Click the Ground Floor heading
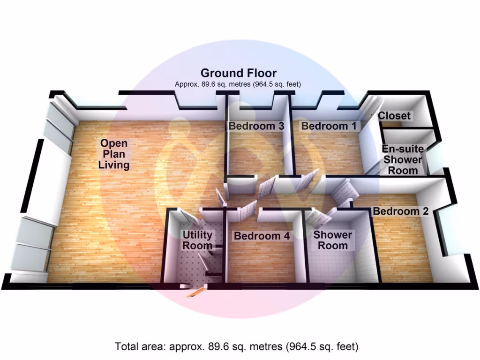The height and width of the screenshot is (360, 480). [239, 73]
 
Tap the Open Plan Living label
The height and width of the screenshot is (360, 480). [114, 154]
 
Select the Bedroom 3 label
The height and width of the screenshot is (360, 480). [256, 126]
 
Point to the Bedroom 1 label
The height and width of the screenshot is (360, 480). [329, 126]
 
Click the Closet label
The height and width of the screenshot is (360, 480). [394, 116]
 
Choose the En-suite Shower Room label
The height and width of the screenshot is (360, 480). [403, 159]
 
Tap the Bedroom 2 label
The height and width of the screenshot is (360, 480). [401, 211]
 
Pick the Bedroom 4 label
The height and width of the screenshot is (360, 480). [262, 236]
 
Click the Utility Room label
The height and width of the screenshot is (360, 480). [197, 240]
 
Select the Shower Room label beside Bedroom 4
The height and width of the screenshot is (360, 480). [333, 240]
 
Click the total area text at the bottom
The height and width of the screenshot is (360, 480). [236, 346]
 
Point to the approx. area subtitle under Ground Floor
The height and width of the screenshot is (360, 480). [238, 84]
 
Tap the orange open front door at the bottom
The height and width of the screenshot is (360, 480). [196, 292]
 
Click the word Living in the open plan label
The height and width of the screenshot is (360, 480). [114, 165]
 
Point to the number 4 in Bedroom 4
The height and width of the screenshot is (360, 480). [286, 236]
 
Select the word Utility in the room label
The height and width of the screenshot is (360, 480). [197, 235]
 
